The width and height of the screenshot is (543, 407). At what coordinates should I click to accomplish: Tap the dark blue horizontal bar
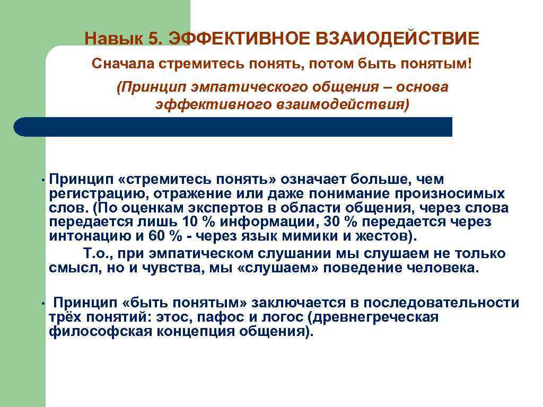click(x=233, y=127)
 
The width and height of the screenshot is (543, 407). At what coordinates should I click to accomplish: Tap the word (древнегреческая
click(x=375, y=317)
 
